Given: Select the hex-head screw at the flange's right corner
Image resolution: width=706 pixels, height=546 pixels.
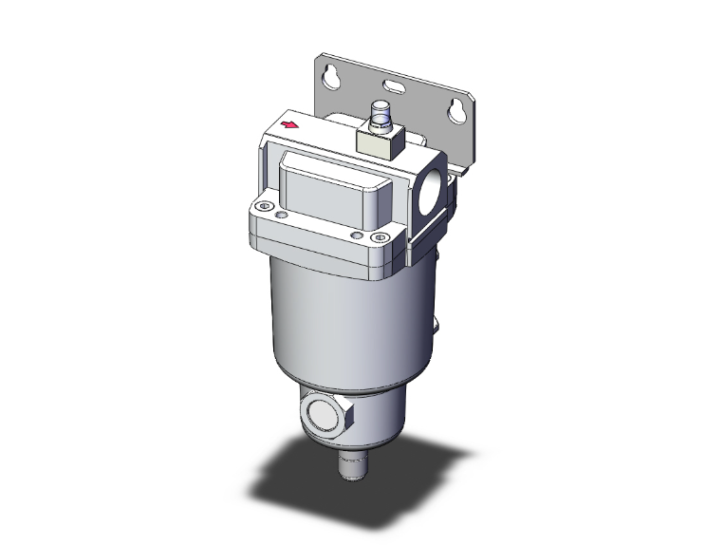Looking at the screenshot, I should [x=381, y=236].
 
